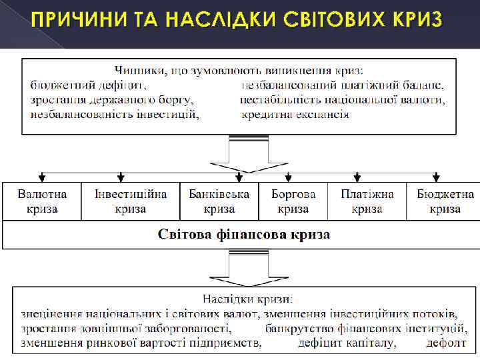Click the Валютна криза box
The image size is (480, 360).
[42, 201]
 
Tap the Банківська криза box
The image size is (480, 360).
[219, 201]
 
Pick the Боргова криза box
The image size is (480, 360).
[293, 201]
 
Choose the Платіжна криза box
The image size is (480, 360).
[367, 201]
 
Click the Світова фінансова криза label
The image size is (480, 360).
[244, 235]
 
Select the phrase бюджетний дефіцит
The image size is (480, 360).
[89, 85]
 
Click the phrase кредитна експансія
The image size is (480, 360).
[295, 114]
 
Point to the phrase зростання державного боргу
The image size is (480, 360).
[112, 100]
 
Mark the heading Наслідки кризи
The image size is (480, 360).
[247, 299]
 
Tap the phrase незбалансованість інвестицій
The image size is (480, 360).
[115, 114]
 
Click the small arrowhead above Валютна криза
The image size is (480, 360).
[42, 177]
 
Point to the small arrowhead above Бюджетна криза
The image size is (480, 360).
[437, 177]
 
